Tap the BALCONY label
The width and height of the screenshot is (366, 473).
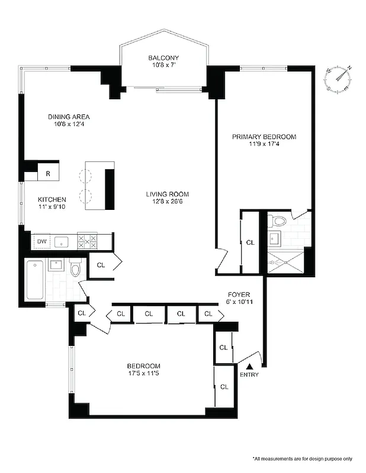tap(163, 57)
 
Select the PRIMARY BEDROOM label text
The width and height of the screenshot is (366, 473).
tap(264, 137)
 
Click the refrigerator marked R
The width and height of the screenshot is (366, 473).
tap(47, 174)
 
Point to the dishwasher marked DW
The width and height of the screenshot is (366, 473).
tap(41, 241)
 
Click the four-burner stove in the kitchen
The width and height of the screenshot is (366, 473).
tap(88, 241)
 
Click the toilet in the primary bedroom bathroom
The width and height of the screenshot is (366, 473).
tap(278, 221)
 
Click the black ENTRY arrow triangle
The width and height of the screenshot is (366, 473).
tap(249, 367)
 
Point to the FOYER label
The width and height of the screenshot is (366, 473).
tap(239, 294)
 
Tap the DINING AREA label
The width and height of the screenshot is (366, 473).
tap(69, 116)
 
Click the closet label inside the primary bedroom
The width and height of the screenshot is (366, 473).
tap(250, 242)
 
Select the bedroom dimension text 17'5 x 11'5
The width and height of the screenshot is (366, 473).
tap(144, 374)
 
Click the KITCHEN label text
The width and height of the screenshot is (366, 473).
tap(52, 199)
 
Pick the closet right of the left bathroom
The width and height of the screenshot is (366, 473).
tap(102, 265)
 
